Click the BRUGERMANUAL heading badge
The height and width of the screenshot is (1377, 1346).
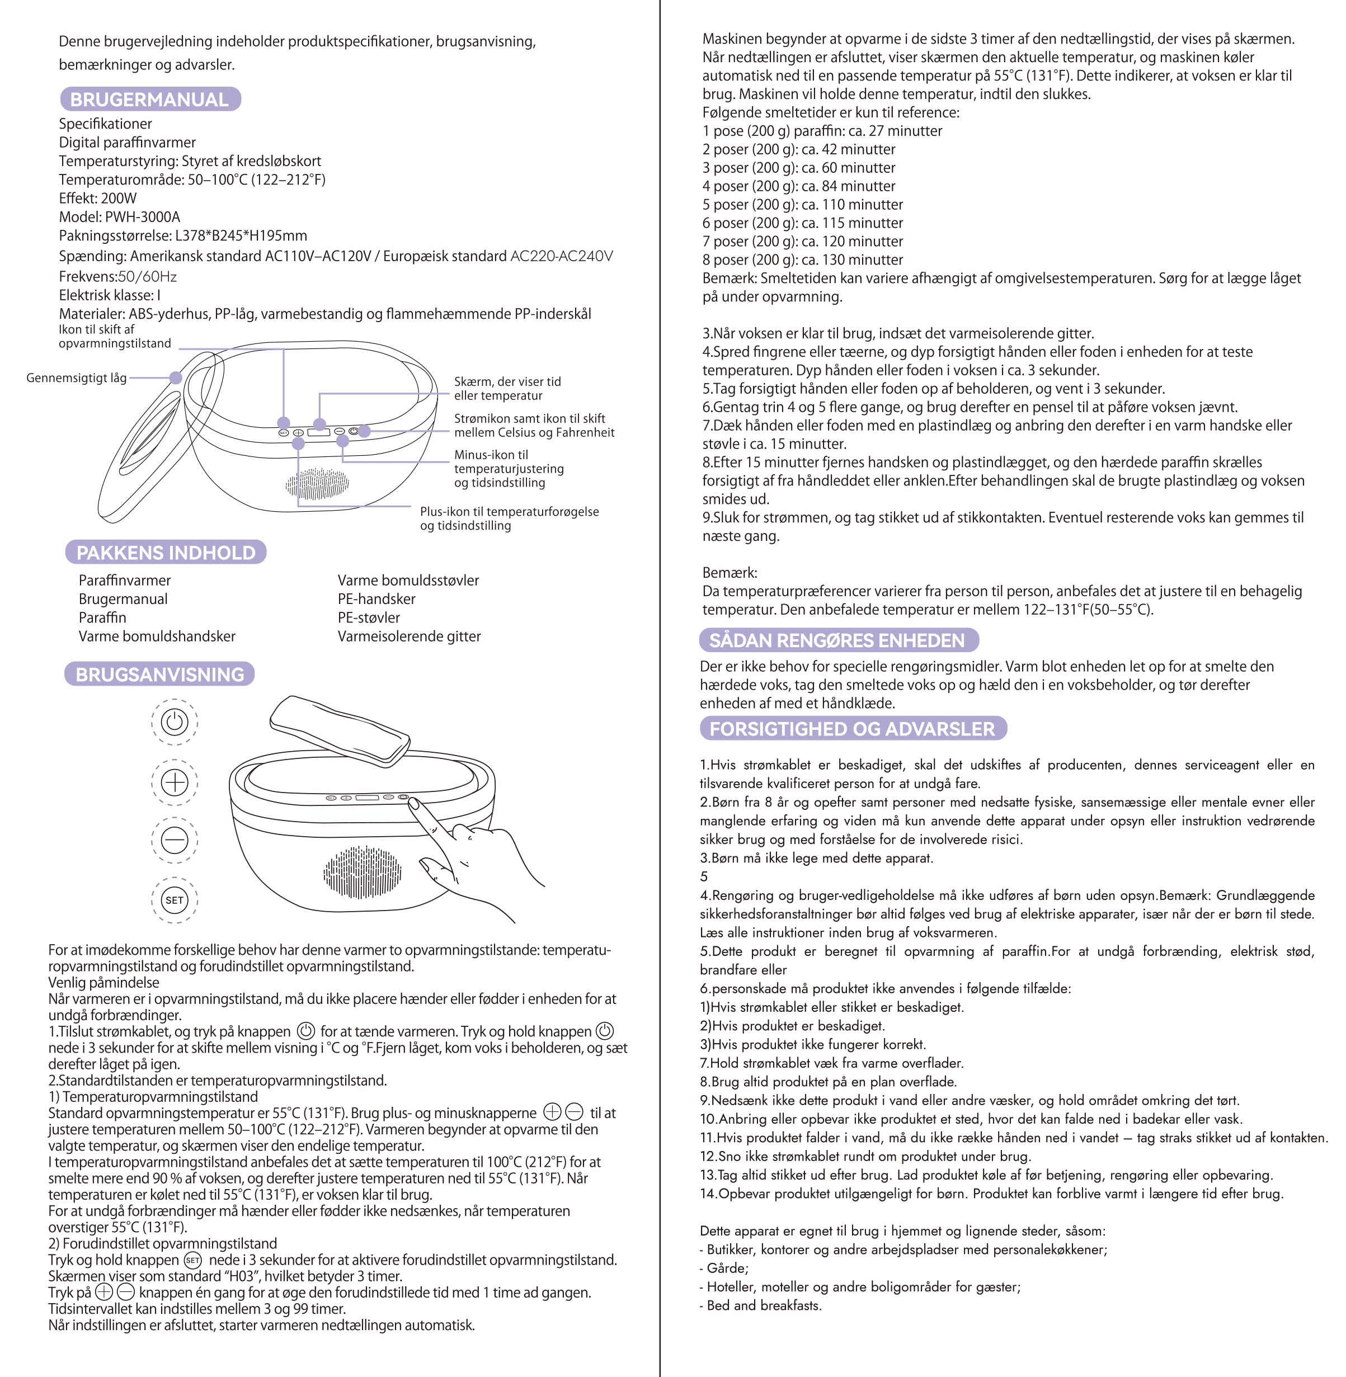pos(150,100)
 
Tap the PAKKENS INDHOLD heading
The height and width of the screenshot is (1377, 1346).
pos(166,553)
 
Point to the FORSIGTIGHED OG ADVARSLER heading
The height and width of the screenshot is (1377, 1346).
pos(853,729)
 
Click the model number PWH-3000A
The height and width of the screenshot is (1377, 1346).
pos(142,217)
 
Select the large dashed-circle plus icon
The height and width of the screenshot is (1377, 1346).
pos(175,782)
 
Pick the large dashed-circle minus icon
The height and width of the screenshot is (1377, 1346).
pos(175,841)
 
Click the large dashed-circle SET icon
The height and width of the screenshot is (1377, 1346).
pos(175,900)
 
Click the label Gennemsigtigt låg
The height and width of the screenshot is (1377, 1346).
pos(76,378)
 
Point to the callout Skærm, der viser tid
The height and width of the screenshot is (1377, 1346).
pos(507,381)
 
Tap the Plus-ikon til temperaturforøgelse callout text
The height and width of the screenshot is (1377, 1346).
pos(509,512)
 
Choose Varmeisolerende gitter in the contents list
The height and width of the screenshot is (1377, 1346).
pos(408,636)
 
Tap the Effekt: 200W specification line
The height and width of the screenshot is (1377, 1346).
pos(97,199)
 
